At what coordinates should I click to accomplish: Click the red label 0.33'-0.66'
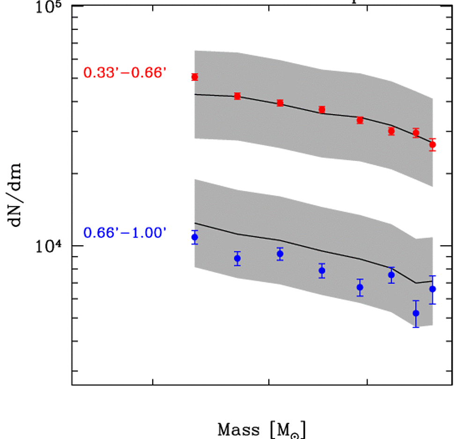click(125, 73)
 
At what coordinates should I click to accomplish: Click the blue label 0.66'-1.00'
click(125, 233)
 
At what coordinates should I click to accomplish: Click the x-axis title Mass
click(240, 429)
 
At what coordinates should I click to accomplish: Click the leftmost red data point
click(195, 77)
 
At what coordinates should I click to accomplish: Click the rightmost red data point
click(432, 145)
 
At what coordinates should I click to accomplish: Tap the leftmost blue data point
click(195, 237)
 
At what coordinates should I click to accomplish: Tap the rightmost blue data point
click(432, 289)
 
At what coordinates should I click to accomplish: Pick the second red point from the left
click(237, 96)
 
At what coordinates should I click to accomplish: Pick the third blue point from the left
click(280, 254)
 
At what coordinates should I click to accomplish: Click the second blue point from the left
click(237, 258)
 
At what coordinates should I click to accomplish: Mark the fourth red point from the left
click(322, 110)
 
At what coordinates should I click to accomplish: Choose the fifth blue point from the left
click(360, 287)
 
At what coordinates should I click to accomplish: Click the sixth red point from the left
click(391, 131)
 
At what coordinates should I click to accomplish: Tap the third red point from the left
click(280, 103)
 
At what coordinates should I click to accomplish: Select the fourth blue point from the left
click(322, 271)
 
